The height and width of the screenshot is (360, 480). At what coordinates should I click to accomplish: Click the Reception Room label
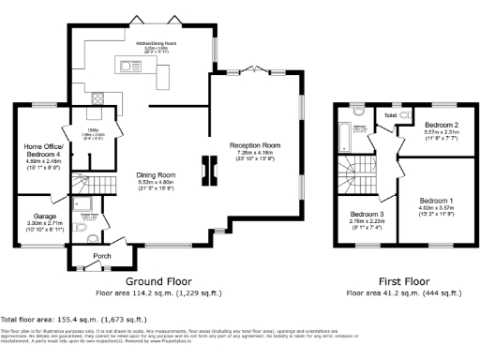click(256, 145)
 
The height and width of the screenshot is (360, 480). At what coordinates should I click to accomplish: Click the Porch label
click(105, 253)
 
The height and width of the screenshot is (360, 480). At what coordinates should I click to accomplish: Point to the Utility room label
click(93, 130)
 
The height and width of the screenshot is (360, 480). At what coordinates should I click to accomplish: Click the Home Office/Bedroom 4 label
click(42, 150)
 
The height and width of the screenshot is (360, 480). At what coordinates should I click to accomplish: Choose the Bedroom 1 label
click(437, 202)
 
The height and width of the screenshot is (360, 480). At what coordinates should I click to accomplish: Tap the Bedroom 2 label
click(441, 125)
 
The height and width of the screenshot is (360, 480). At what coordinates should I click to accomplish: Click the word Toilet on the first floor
click(390, 115)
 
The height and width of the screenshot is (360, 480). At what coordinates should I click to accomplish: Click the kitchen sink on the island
click(126, 65)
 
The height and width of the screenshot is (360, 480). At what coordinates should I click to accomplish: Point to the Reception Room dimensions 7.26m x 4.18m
click(256, 154)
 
